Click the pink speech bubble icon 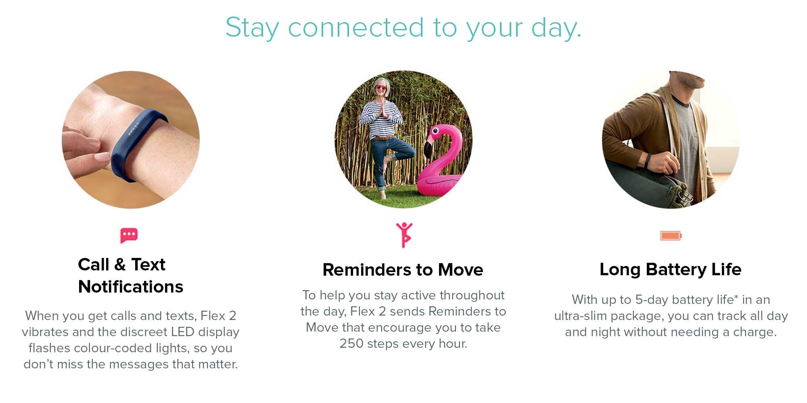129,235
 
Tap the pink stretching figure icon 404,235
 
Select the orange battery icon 671,235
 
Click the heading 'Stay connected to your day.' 403,28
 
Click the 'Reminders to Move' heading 403,270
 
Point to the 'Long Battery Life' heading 670,269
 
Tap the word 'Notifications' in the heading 130,287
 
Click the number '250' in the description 351,343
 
